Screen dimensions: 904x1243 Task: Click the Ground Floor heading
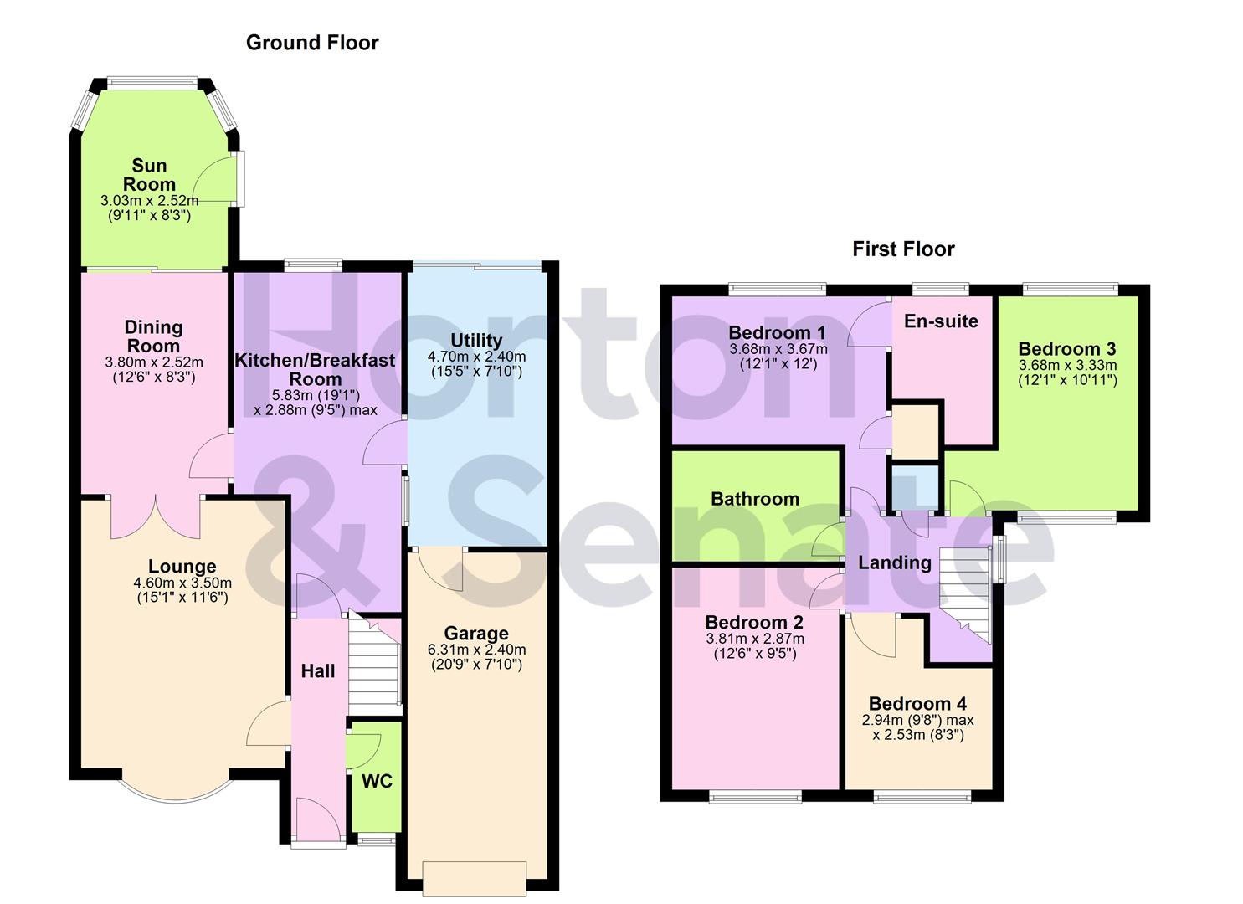311,43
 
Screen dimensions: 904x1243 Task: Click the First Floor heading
903,249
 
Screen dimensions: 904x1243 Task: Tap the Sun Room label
149,175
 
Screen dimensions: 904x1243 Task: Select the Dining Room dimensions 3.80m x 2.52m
153,362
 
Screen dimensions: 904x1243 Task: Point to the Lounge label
182,567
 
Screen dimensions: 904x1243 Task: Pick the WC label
377,781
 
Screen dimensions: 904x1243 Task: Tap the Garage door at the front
475,877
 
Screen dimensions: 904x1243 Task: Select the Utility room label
476,341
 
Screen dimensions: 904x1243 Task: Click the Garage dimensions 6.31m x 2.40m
476,650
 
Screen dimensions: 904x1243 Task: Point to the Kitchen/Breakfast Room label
315,369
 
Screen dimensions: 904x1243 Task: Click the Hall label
318,670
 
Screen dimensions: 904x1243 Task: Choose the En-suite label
941,321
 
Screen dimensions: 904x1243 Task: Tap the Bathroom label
754,499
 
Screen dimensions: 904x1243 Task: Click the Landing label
894,562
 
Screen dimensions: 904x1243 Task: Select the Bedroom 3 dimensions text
1067,372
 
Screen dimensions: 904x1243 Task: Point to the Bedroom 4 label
917,704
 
